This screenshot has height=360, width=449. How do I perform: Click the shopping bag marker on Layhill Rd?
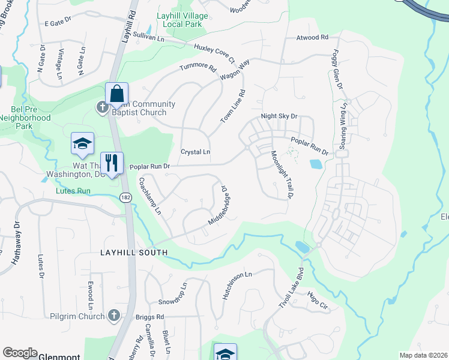pos(116,95)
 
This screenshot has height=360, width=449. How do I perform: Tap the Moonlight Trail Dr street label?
pos(281,175)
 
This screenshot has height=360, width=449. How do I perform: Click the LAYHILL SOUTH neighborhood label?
pos(133,253)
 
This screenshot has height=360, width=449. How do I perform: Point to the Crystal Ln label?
pos(196,152)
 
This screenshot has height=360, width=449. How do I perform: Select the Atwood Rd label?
pos(312,37)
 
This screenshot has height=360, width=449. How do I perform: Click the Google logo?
pos(20,352)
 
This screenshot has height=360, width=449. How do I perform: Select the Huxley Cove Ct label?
pos(214,52)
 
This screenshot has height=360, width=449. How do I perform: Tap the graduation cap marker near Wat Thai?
pos(82,144)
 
